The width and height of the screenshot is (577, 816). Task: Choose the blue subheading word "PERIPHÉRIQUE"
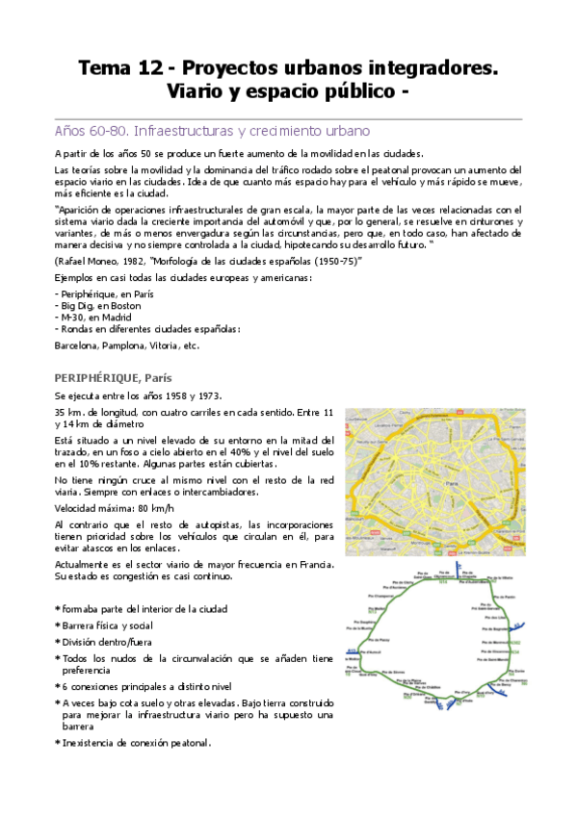click(x=99, y=376)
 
